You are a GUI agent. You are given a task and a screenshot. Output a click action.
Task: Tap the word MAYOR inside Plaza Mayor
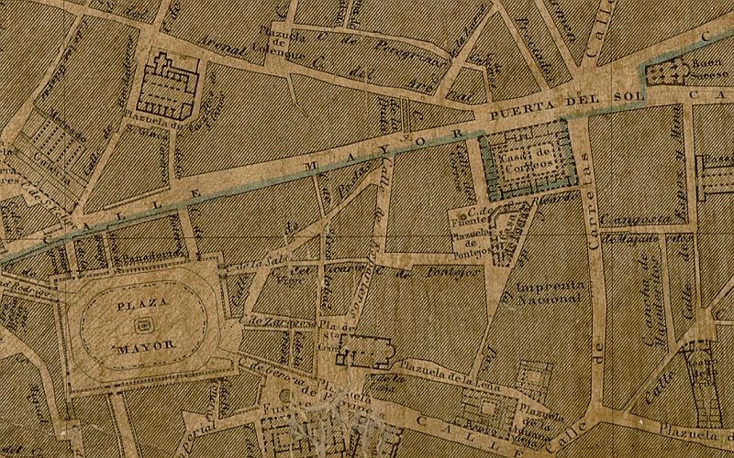(140, 348)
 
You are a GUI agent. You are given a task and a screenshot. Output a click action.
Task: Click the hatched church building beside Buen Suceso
(668, 72)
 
